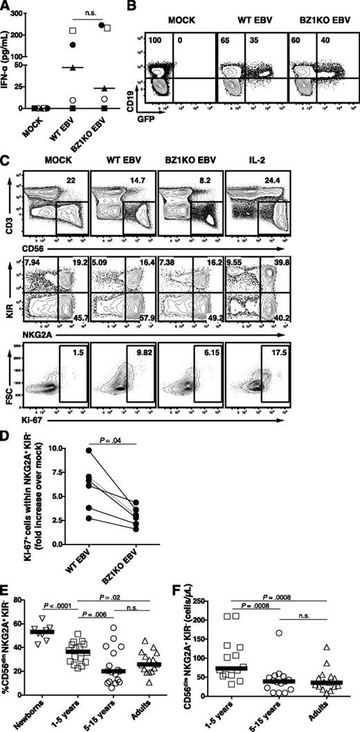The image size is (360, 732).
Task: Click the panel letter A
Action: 6,6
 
